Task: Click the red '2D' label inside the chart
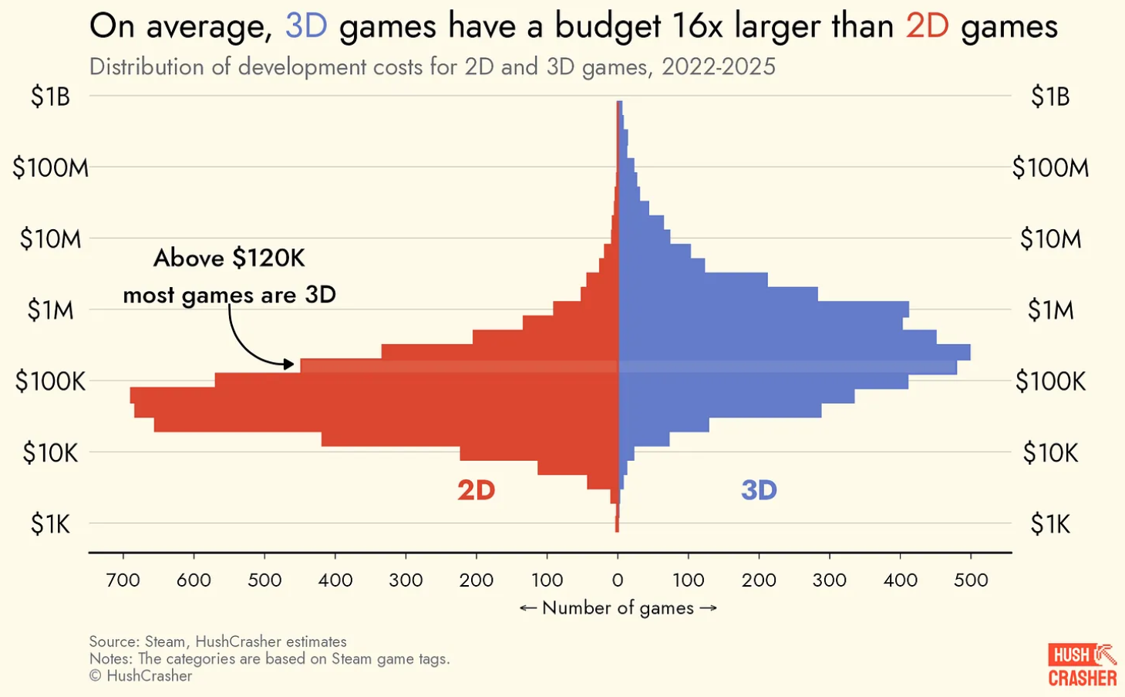point(476,490)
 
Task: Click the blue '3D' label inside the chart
point(759,490)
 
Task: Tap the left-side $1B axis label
point(50,96)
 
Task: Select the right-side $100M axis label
point(1050,167)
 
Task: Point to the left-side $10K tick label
point(50,453)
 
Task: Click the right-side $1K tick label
point(1050,525)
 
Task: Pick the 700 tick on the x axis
point(123,580)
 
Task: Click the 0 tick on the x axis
point(618,580)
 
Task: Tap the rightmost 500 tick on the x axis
point(971,580)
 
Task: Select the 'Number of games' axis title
point(618,608)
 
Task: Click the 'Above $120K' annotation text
point(229,258)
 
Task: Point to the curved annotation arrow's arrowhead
point(288,364)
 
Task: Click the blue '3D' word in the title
point(306,26)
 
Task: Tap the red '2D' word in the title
point(927,26)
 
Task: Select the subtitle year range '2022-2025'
point(718,67)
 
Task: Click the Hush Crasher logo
point(1082,665)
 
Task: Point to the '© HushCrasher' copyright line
point(140,676)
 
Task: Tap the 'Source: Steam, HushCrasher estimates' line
point(217,641)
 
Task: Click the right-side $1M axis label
point(1050,310)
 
